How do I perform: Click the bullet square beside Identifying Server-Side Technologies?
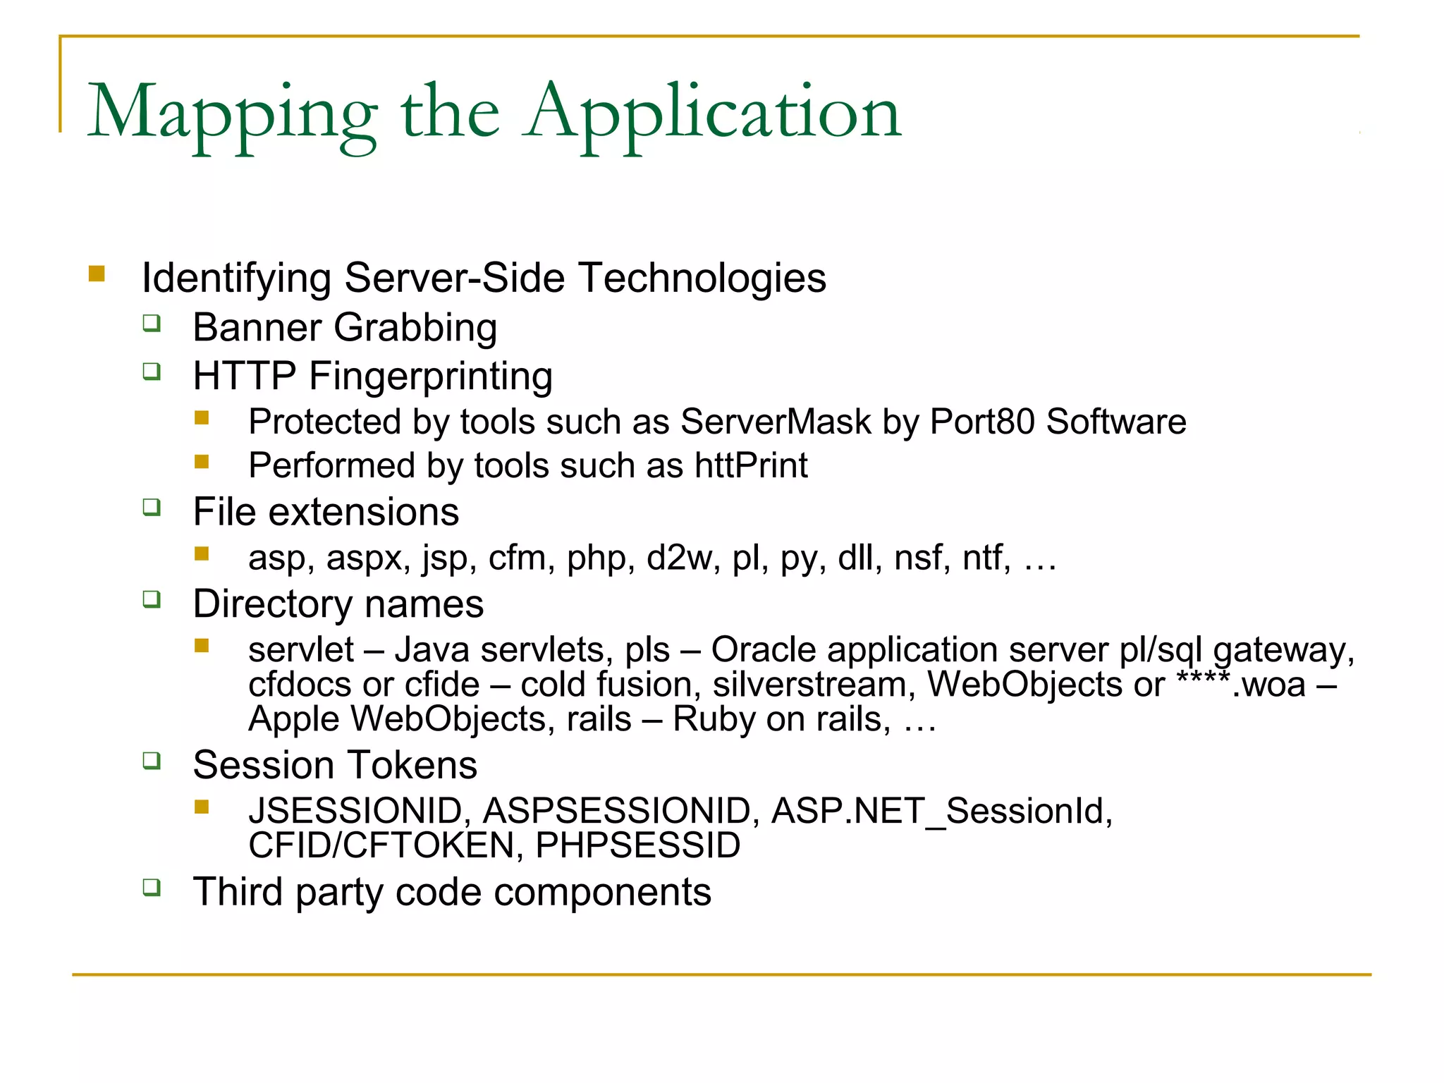(x=97, y=274)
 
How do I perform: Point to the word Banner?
(x=257, y=328)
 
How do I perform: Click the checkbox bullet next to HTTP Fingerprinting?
(x=152, y=372)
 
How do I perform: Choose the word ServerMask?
(x=776, y=422)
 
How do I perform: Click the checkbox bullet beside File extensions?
(x=152, y=507)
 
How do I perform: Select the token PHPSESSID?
(x=638, y=845)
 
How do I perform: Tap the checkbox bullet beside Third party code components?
(x=152, y=887)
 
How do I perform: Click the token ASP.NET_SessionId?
(x=942, y=811)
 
